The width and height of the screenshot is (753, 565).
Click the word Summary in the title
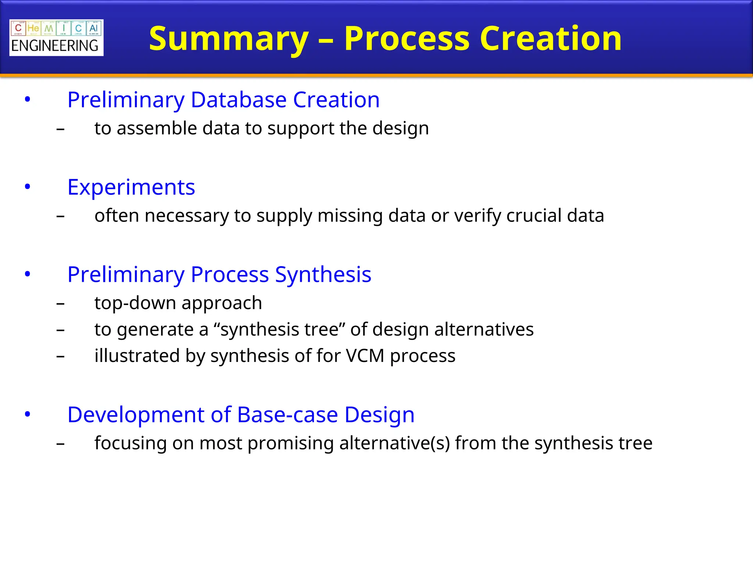(x=229, y=39)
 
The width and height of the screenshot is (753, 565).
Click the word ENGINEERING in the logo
(x=55, y=46)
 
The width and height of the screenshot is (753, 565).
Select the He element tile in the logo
(x=33, y=28)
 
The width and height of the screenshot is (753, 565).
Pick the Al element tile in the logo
(x=93, y=28)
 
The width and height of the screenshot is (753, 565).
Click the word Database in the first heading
(x=238, y=100)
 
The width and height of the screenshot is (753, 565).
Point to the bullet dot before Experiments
(x=28, y=187)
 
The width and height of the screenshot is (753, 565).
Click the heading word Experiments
(x=131, y=187)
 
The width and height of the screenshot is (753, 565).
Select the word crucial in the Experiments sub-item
(x=534, y=216)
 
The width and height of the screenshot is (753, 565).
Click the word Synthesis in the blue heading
(x=323, y=274)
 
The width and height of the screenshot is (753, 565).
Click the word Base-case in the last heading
(x=288, y=415)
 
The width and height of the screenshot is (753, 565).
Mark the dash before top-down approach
(x=61, y=304)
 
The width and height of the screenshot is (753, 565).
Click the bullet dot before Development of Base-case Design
(x=28, y=415)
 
